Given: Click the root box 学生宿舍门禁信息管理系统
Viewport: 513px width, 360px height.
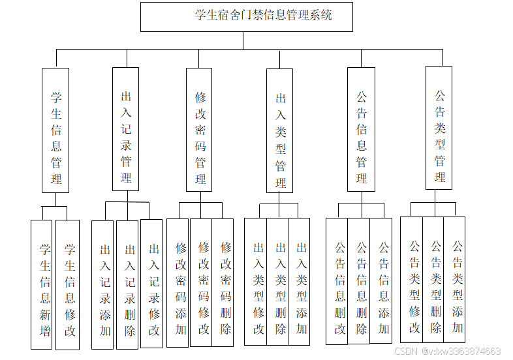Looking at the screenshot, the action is coord(246,16).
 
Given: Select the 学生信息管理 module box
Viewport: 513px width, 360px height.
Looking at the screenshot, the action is coord(55,130).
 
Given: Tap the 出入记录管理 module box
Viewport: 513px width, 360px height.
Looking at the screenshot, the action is coord(125,128).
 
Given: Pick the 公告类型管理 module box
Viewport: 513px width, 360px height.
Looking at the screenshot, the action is coord(439,128).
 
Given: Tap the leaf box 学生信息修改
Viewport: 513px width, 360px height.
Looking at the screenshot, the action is coord(67,284).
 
